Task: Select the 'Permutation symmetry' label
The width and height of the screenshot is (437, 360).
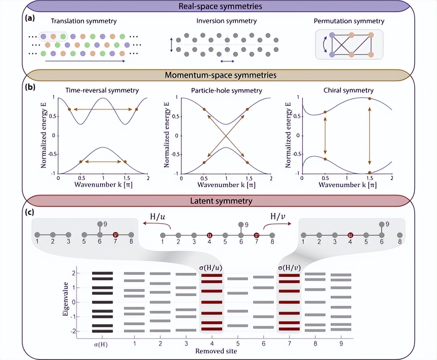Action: coord(349,21)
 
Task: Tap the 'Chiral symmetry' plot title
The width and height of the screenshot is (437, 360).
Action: coord(349,90)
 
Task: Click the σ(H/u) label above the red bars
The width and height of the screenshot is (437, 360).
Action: coord(212,267)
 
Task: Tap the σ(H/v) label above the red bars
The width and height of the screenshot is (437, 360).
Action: coord(289,267)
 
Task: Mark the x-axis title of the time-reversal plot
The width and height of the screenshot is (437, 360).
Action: coord(103,185)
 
